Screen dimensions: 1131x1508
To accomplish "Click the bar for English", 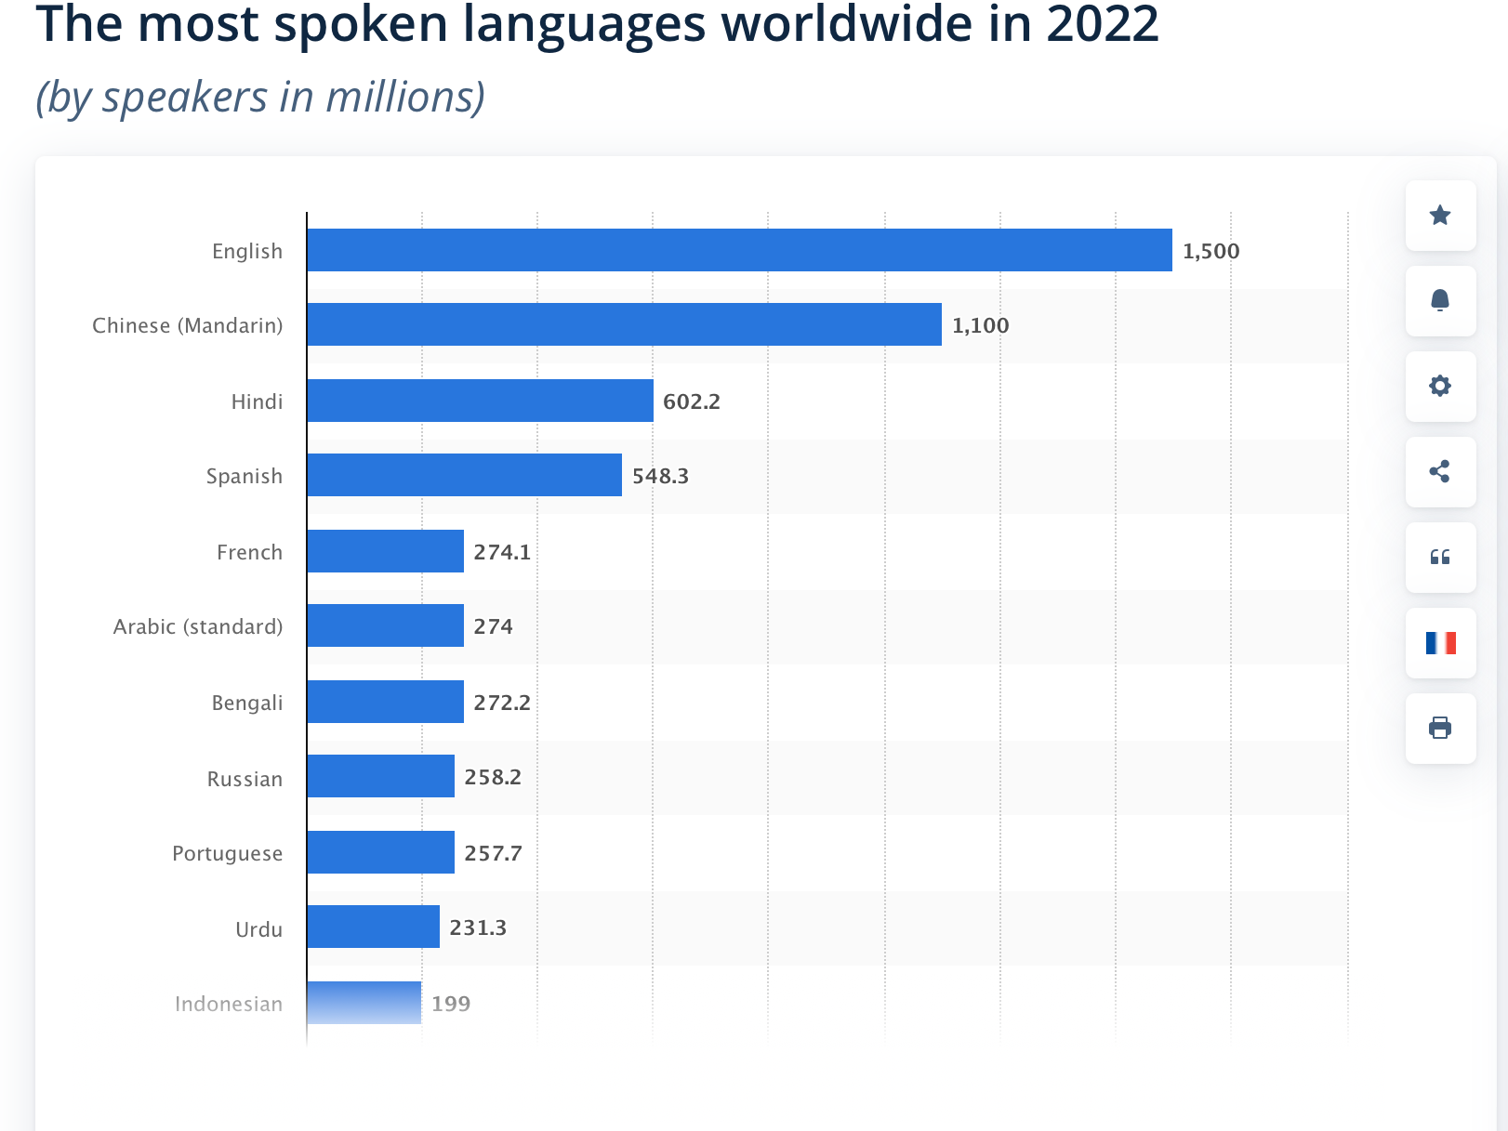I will pos(739,250).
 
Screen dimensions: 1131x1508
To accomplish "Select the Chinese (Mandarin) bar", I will pos(624,324).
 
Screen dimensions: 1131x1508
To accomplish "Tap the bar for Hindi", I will pos(480,401).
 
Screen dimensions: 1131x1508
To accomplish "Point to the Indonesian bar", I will pos(364,1003).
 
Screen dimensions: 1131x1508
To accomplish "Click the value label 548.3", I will pos(660,476).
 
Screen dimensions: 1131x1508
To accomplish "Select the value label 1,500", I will pos(1210,251).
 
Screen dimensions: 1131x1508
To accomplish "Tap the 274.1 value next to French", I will pos(502,552).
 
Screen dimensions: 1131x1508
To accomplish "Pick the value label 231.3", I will pos(478,927).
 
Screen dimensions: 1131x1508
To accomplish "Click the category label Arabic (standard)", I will pos(197,626).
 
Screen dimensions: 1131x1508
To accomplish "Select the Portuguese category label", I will pos(227,853).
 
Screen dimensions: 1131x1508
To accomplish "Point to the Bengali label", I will pos(246,703).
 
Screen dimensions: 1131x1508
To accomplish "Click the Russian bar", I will pos(380,776).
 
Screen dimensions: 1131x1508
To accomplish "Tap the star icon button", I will pos(1440,216).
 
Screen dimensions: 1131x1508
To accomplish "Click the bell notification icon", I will pos(1440,300).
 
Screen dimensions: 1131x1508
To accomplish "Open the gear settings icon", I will pos(1440,386).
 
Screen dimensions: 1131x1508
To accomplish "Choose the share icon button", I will pos(1440,471).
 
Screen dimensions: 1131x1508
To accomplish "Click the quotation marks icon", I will pos(1440,557).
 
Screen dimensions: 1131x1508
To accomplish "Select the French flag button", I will pos(1440,642).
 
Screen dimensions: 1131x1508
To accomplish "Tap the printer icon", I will pos(1440,728).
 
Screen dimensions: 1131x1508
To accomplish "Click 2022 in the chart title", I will pos(1102,24).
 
